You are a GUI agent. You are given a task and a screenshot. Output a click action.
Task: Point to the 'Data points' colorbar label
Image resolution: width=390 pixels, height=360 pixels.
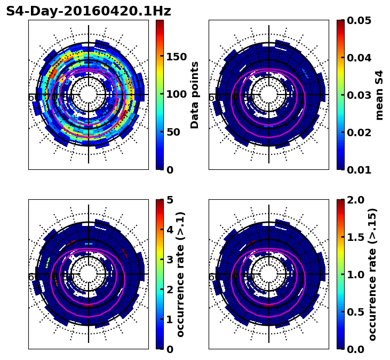click(x=195, y=95)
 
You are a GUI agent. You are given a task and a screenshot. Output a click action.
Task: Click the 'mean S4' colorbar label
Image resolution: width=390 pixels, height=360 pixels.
click(x=379, y=95)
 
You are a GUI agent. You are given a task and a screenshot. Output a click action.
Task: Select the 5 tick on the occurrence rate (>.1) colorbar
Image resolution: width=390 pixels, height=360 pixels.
click(x=170, y=200)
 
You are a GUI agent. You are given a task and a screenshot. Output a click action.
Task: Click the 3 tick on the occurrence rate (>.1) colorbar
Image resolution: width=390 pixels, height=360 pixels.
click(x=170, y=260)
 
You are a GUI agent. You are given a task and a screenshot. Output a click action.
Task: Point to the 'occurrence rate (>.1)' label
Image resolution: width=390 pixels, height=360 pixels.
click(x=181, y=274)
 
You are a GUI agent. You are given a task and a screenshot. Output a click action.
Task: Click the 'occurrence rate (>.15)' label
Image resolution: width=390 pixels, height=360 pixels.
click(x=372, y=274)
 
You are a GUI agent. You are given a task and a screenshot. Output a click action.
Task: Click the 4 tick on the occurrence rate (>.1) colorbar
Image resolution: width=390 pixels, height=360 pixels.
click(x=170, y=230)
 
